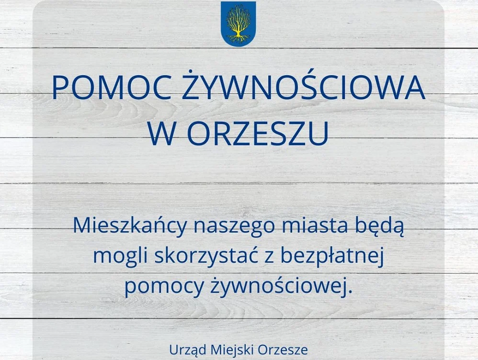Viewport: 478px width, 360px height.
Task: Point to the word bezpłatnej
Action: click(333, 257)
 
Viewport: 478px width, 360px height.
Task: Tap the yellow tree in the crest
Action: click(238, 23)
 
